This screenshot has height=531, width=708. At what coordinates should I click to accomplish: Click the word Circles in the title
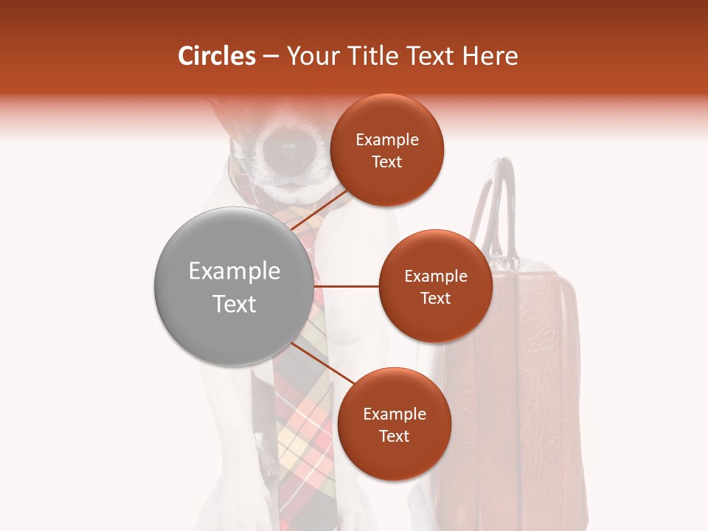(216, 56)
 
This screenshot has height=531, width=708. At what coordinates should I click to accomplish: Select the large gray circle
(233, 286)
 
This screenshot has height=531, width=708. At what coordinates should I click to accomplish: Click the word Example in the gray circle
(234, 271)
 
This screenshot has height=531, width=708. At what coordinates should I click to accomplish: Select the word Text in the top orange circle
(386, 162)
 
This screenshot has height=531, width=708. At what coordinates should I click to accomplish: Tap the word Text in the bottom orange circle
(394, 437)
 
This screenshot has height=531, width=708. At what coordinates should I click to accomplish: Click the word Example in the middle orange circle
(435, 277)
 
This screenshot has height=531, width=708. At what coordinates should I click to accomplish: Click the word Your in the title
(310, 56)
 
